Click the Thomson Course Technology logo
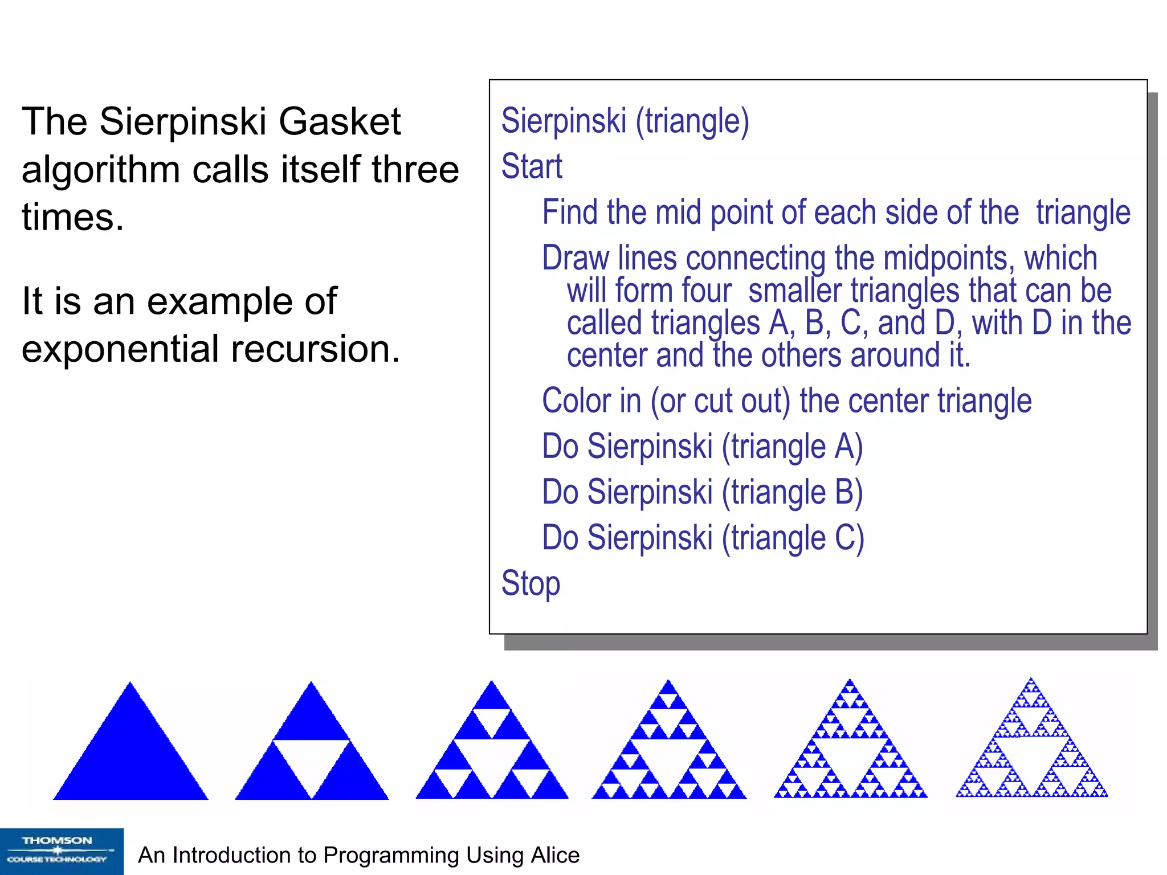(62, 851)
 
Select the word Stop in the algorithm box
(531, 583)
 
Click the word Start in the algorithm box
(532, 166)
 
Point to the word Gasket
(340, 121)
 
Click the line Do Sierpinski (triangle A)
(702, 446)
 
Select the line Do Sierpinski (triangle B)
(702, 492)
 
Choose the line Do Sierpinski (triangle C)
(703, 538)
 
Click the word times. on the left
(73, 217)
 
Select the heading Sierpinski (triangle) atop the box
(625, 121)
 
